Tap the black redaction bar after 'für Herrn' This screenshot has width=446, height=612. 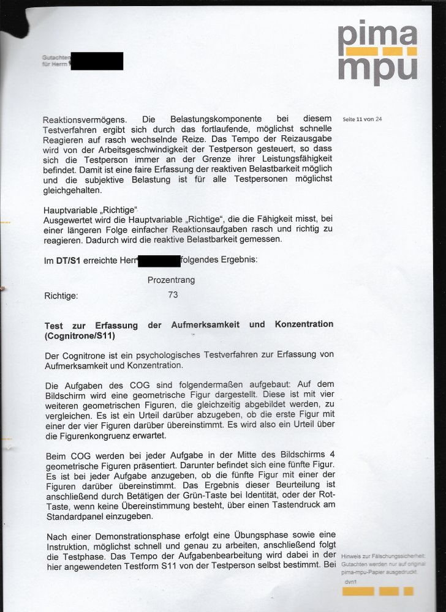(97, 61)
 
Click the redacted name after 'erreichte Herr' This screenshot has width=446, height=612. (159, 261)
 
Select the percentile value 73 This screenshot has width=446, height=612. (173, 295)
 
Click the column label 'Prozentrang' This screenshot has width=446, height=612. (171, 280)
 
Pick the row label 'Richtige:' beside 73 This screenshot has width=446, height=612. (61, 296)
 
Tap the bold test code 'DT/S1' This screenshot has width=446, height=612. (67, 261)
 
